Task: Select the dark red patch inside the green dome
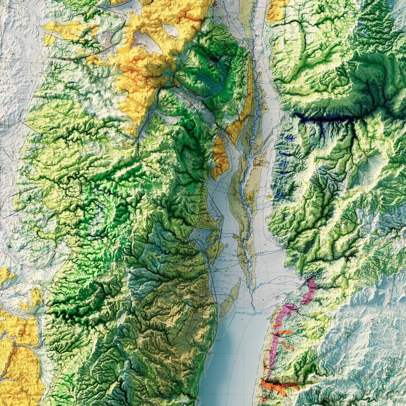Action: (x=214, y=60)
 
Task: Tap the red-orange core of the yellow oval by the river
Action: (x=250, y=197)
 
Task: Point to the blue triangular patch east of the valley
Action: (x=280, y=195)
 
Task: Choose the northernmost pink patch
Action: (x=310, y=289)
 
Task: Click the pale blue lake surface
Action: (x=236, y=355)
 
